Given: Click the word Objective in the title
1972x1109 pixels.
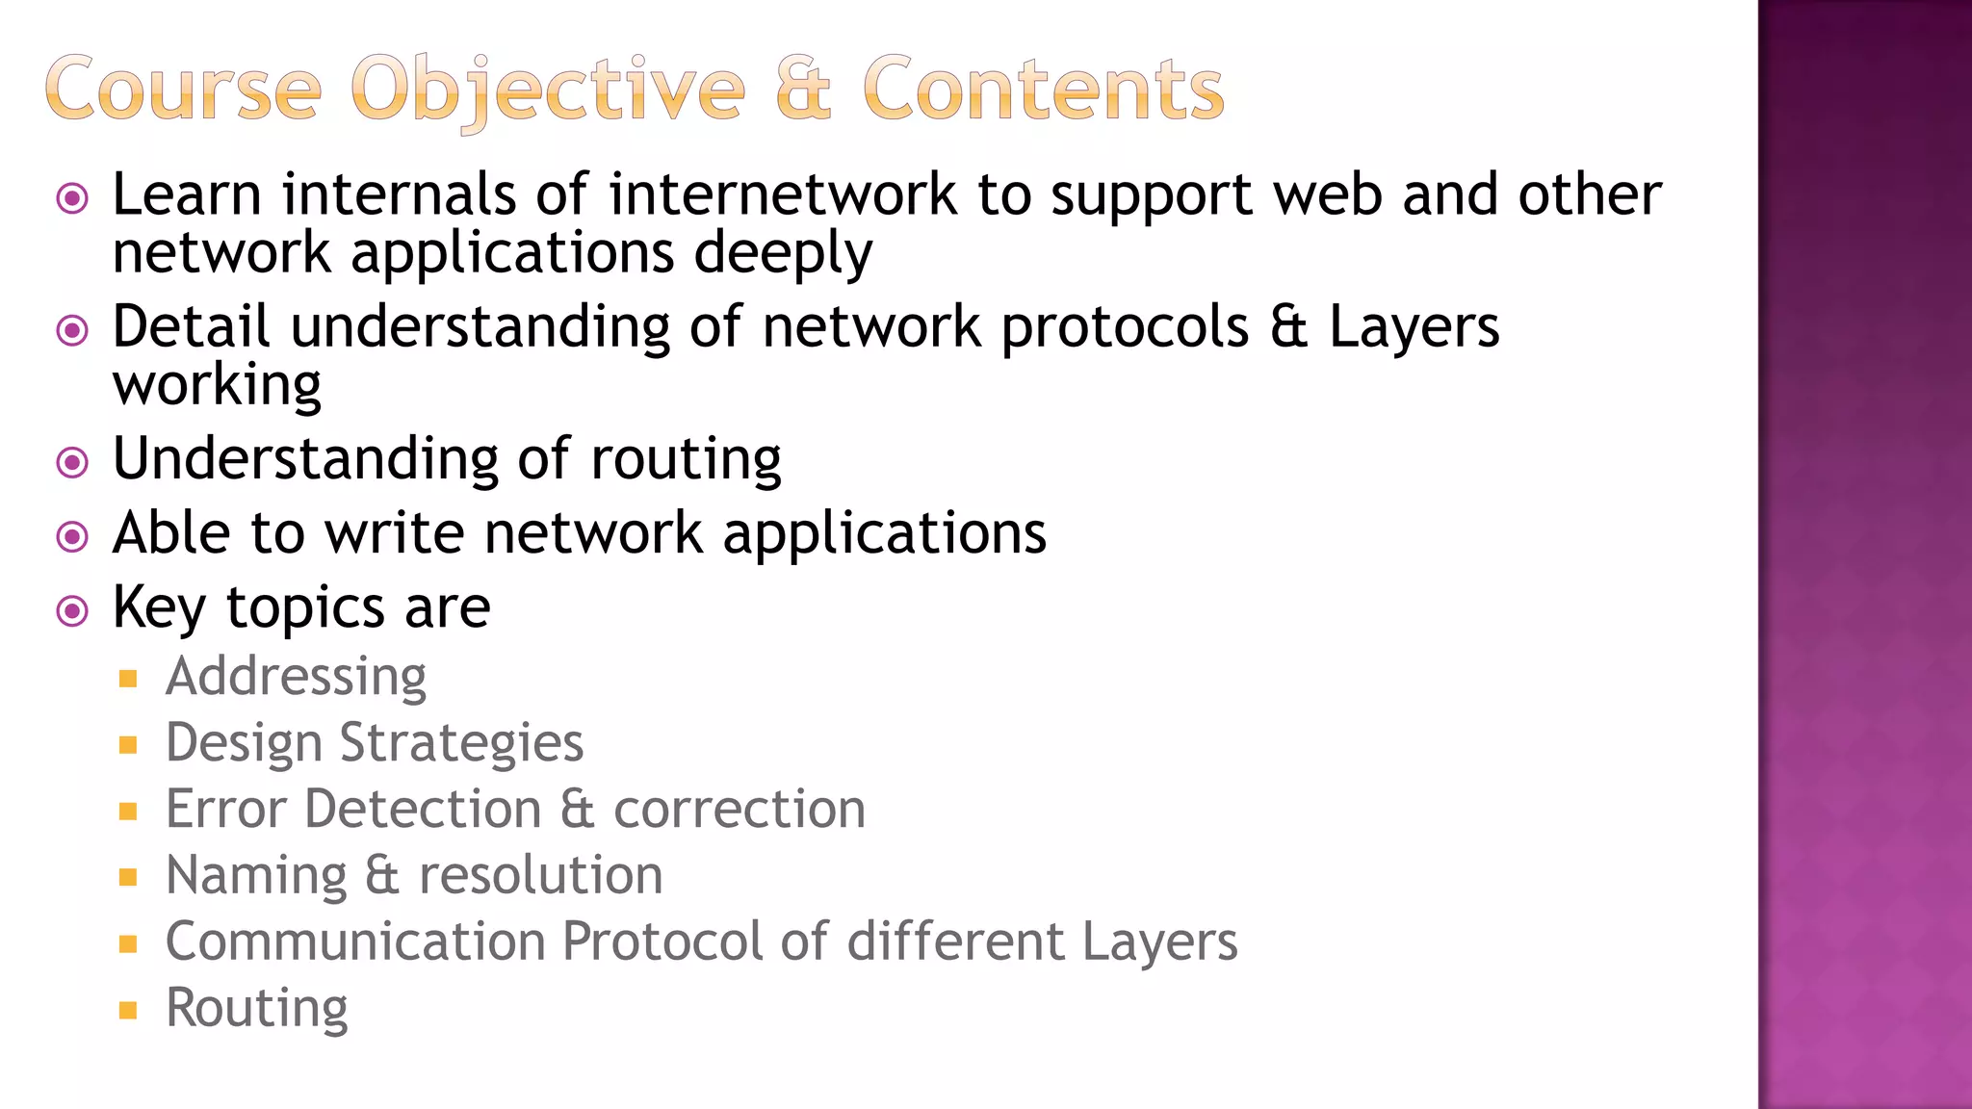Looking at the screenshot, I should click(x=548, y=90).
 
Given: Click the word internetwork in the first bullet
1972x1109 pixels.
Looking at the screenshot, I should click(x=783, y=194).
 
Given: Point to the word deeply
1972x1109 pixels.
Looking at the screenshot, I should click(x=783, y=254).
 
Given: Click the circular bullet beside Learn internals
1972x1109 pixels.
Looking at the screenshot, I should click(x=72, y=199).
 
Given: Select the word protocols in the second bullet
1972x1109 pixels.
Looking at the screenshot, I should click(x=1125, y=327).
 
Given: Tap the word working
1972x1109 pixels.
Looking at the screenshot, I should click(x=217, y=385).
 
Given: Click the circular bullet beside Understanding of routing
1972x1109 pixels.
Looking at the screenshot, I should click(x=72, y=463).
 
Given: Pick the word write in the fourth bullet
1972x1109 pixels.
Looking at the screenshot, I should click(x=395, y=532).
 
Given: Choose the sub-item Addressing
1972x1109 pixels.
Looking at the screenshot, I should click(x=296, y=677).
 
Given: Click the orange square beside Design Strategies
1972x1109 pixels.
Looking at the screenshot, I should click(x=128, y=745).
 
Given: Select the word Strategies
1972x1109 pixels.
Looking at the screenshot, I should click(x=461, y=743).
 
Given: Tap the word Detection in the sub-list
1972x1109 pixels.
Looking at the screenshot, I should click(x=423, y=809).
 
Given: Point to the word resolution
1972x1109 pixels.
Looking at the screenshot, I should click(x=540, y=875).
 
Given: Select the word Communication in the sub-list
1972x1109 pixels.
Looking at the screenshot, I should click(x=355, y=941).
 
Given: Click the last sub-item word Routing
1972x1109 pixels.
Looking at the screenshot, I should click(x=256, y=1009).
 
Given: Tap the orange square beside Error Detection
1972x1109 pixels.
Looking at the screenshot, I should click(x=128, y=812).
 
